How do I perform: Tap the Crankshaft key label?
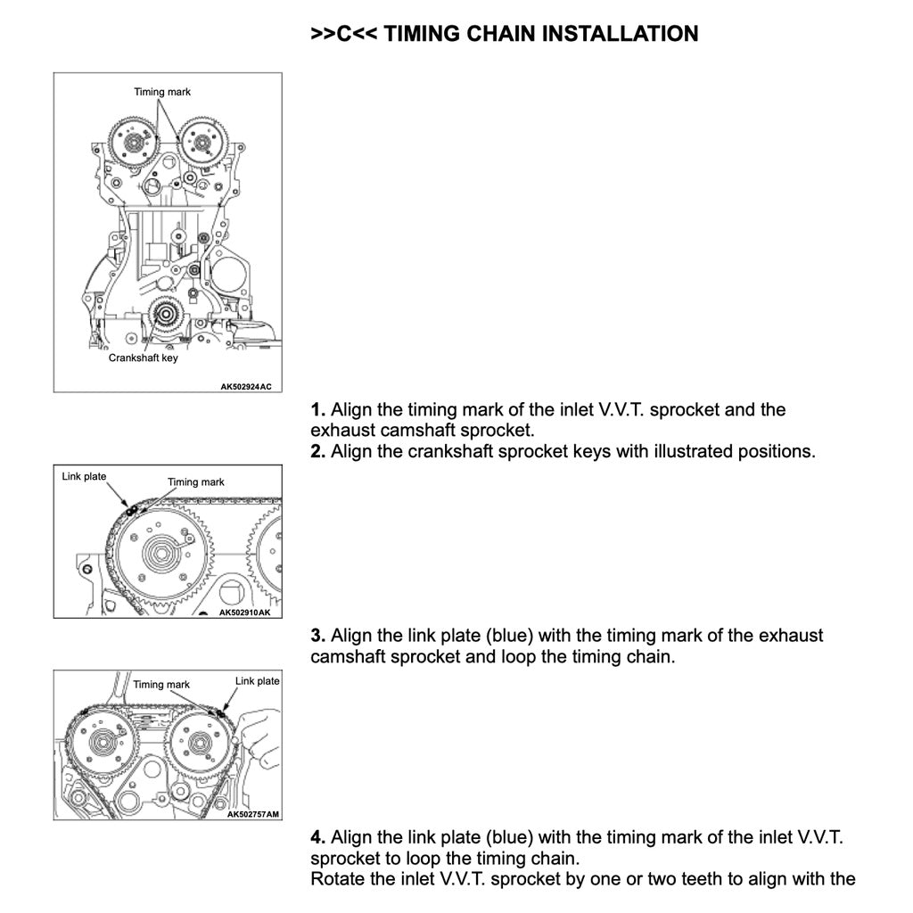(143, 358)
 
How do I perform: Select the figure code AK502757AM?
(253, 814)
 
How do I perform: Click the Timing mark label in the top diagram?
(162, 92)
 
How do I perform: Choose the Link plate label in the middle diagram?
(84, 477)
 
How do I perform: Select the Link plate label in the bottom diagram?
(257, 681)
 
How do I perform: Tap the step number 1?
(317, 410)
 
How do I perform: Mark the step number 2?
(317, 451)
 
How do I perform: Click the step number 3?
(317, 637)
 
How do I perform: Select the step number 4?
(317, 838)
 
